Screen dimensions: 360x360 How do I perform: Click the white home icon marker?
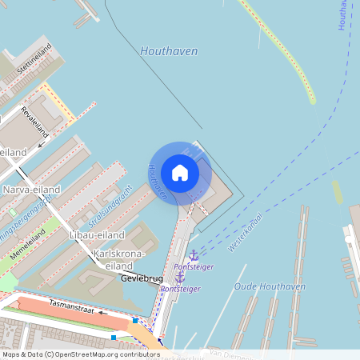[x=180, y=173]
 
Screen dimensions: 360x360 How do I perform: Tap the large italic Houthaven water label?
[x=168, y=51]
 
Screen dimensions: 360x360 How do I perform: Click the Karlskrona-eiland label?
[x=119, y=259]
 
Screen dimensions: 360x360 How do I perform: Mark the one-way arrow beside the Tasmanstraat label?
[x=103, y=313]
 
